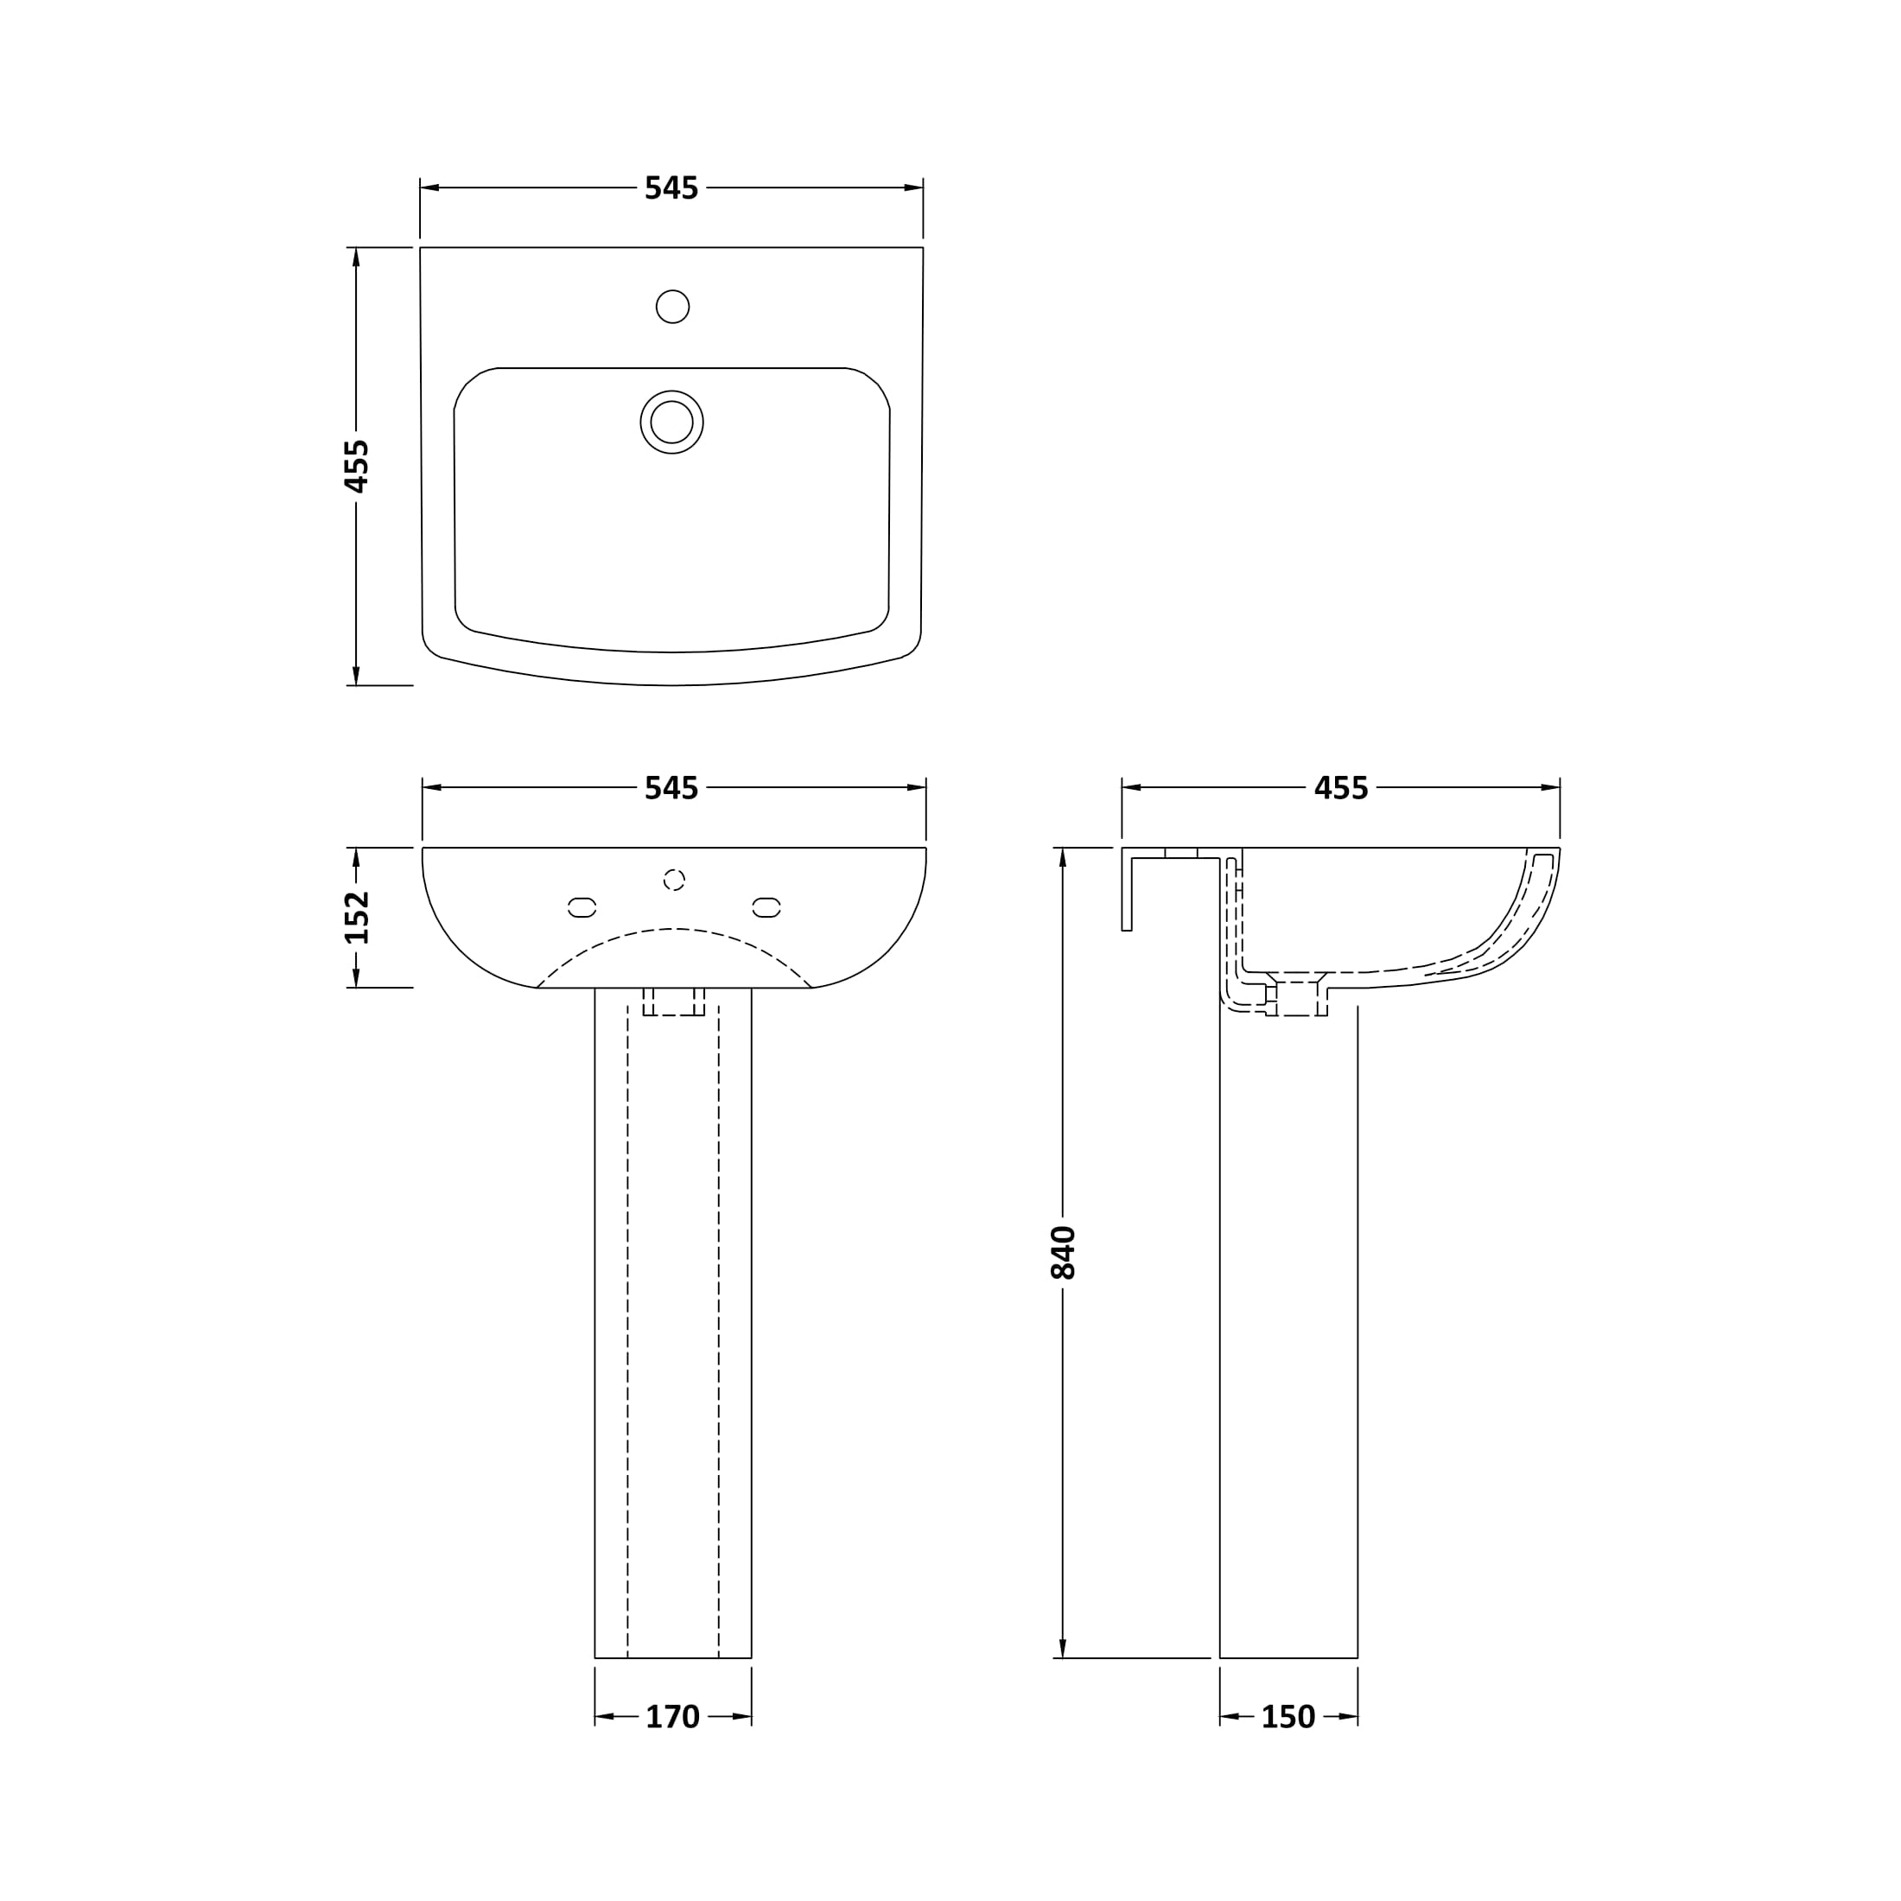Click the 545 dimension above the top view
(671, 188)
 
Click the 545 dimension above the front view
(671, 788)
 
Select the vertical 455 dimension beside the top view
(356, 466)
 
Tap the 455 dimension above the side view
(1340, 788)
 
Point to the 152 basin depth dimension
(356, 917)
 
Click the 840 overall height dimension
(1063, 1253)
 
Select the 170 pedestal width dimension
(672, 1717)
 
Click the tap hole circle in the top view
(672, 306)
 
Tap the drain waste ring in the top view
(671, 423)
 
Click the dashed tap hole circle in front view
(673, 880)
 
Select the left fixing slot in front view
(582, 907)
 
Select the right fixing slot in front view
(766, 907)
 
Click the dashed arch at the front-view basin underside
(673, 929)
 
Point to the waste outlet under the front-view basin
(673, 1001)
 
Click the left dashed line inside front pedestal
(628, 1328)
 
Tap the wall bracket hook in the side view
(1128, 891)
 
